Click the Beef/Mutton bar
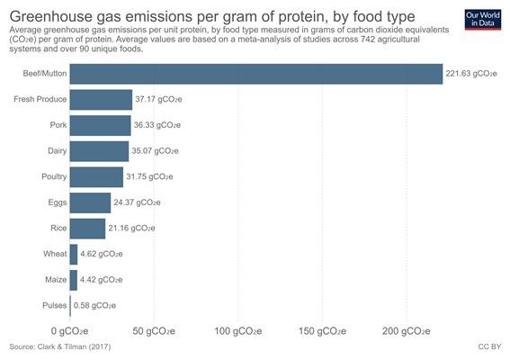coord(256,74)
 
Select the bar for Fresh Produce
coord(101,100)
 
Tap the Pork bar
coord(101,125)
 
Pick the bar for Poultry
coord(96,177)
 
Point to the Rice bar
coord(87,229)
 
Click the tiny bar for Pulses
coord(70,306)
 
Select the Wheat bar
coord(74,254)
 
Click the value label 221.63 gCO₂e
coord(471,74)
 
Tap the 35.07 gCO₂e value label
coord(155,151)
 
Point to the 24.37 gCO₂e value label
coord(137,202)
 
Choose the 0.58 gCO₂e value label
coord(94,306)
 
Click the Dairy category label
coord(58,150)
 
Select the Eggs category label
coord(58,202)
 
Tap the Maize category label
coord(56,280)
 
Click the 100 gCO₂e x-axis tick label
coord(238,331)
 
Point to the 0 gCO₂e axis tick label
coord(69,331)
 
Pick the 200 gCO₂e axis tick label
coord(407,331)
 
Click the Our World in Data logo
coord(483,20)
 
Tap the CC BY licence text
coord(489,347)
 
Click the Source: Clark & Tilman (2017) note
coord(60,347)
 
